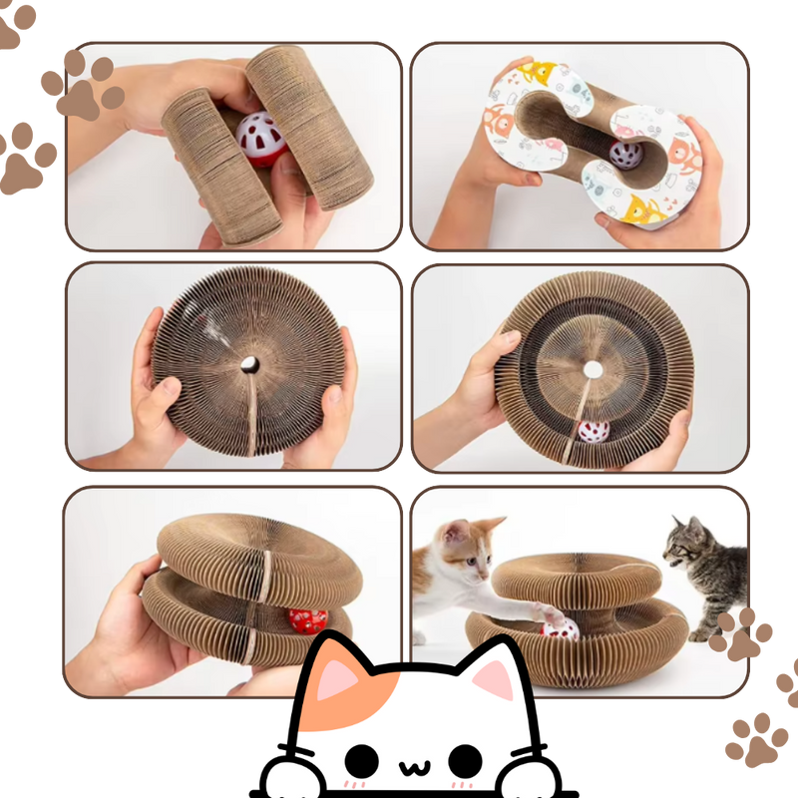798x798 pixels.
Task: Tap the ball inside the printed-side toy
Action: click(625, 156)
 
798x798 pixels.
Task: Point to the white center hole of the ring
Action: click(594, 370)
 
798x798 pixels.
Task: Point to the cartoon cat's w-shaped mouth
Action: click(415, 770)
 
